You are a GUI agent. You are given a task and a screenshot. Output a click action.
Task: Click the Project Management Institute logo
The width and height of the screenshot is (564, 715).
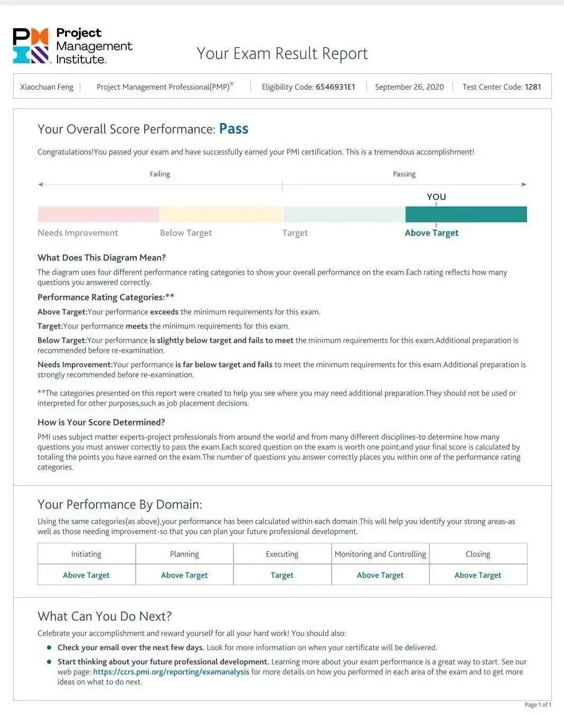point(72,46)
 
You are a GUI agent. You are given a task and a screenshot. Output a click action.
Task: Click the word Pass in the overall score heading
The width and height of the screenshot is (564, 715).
point(233,129)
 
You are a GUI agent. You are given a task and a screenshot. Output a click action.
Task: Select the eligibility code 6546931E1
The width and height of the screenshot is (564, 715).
point(335,87)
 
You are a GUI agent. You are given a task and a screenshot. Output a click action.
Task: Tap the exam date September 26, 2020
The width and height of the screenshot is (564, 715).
point(409,87)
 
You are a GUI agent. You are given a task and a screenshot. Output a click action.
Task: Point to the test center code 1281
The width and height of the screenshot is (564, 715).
point(533,87)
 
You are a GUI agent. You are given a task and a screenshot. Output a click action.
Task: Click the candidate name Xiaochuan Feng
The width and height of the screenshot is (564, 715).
point(46,87)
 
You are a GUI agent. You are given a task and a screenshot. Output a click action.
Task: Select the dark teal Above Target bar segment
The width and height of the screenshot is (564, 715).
point(466,214)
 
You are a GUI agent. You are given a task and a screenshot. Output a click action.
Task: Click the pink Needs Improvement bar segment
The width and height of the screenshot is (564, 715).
point(98,214)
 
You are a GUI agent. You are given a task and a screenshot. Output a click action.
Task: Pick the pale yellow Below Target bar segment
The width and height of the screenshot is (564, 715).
point(221,214)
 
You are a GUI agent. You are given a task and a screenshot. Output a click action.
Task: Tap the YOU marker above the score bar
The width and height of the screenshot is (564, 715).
point(436,197)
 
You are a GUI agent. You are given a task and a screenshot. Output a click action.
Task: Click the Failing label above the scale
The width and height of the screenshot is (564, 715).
point(160,174)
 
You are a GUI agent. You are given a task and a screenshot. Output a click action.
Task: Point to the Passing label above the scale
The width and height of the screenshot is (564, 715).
point(404,174)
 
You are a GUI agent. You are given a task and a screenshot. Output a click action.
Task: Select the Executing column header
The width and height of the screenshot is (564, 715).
point(282,554)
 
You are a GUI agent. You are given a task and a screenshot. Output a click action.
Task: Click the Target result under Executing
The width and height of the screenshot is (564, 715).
point(282,575)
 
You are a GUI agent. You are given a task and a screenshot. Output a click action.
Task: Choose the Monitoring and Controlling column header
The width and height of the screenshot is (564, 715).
point(380,554)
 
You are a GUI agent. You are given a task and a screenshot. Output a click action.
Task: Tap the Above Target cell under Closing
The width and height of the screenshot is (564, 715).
point(478,575)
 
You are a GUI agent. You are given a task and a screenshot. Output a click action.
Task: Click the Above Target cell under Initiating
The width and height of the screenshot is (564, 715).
point(86,575)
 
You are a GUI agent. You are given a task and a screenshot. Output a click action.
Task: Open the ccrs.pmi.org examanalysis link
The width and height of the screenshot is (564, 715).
point(171,672)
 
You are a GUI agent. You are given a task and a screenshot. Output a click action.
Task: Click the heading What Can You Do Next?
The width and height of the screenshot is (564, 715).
point(105,616)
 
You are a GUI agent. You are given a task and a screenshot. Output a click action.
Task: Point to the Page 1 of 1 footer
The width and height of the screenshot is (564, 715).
point(538,704)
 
